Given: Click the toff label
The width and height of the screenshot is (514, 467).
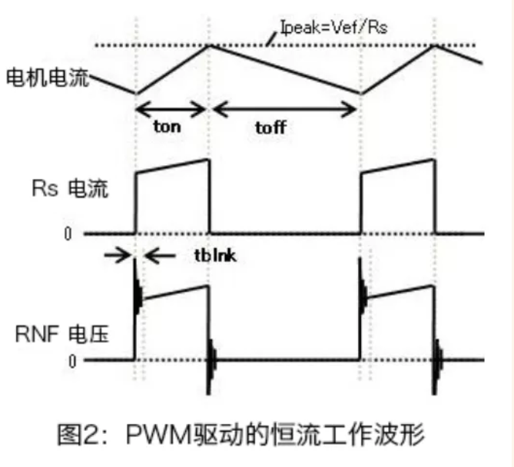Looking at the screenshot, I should point(270,128).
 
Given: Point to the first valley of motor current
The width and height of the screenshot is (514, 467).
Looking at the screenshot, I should point(136,93).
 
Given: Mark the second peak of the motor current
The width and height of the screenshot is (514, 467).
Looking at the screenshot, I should point(436,45).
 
